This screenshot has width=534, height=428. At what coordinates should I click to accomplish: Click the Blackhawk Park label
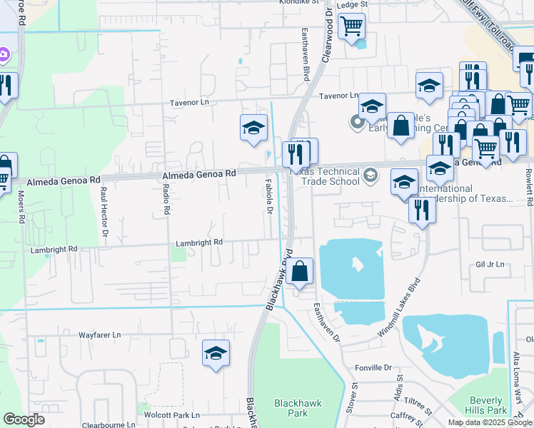click(x=298, y=408)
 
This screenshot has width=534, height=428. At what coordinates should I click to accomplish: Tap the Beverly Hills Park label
click(x=488, y=405)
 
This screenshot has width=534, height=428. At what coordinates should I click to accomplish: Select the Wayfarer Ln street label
click(x=100, y=334)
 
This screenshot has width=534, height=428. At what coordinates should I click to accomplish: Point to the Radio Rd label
click(x=166, y=200)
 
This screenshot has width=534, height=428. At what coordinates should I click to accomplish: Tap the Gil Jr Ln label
click(x=490, y=265)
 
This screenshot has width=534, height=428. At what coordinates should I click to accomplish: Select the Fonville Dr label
click(x=373, y=368)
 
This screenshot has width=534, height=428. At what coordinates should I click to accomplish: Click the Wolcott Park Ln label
click(x=171, y=414)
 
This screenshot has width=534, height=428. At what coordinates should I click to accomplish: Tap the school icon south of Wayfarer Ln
click(x=216, y=353)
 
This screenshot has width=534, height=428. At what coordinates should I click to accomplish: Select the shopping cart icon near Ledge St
click(x=351, y=27)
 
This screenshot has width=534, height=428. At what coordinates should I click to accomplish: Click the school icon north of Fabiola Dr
click(x=253, y=128)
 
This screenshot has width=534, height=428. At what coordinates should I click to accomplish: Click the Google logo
click(x=24, y=419)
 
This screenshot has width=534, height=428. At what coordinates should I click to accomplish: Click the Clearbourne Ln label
click(x=109, y=424)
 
